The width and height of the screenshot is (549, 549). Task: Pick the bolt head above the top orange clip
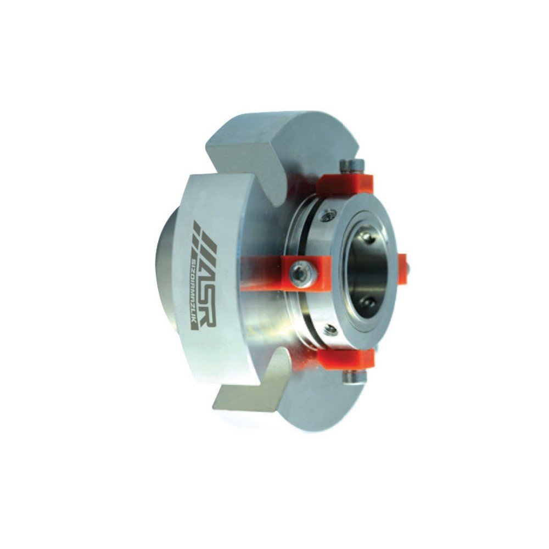(x=353, y=164)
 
